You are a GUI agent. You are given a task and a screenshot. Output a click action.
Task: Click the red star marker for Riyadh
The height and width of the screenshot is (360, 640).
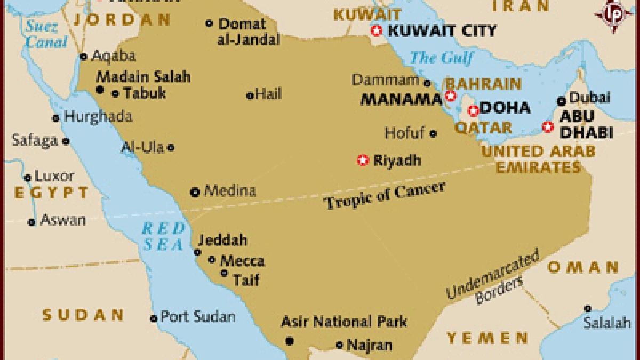click(x=363, y=160)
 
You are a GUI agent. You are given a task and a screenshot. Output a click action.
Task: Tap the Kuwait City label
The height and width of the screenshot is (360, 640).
click(x=442, y=30)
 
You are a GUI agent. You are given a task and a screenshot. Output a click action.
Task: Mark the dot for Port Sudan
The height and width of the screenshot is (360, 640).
click(x=154, y=318)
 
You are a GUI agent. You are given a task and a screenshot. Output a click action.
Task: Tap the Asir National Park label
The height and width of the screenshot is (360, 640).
click(x=344, y=322)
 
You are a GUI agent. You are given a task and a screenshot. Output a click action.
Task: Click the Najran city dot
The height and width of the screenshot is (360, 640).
click(x=339, y=345)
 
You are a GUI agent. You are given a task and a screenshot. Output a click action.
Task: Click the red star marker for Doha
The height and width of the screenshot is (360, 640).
click(x=473, y=111)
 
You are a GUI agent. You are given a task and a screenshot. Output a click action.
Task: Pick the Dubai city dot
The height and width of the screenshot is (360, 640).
click(x=561, y=100)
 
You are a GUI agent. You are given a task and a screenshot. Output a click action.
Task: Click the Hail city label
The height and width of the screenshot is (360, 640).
click(x=268, y=95)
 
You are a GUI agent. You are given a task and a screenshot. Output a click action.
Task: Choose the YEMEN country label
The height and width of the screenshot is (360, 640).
click(x=487, y=338)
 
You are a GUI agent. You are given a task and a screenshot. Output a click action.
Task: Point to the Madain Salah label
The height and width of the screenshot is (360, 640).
click(x=143, y=76)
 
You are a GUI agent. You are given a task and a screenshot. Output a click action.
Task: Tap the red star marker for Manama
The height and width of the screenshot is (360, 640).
click(x=451, y=96)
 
